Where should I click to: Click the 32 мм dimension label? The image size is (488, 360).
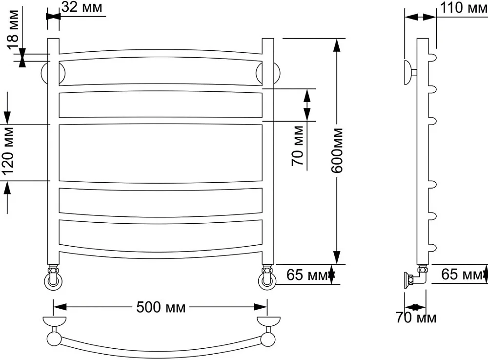click(82, 7)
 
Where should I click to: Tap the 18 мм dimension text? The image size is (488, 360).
click(13, 30)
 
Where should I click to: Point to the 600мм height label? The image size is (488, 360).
click(337, 150)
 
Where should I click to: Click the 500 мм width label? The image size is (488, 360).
click(161, 308)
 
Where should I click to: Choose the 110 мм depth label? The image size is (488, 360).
click(464, 7)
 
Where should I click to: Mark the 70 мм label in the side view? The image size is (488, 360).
click(416, 318)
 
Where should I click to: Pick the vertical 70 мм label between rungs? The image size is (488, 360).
click(298, 146)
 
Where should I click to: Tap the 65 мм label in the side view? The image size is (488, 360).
click(462, 275)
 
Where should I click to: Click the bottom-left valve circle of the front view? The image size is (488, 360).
click(53, 281)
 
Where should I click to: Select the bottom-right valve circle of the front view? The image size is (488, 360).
click(267, 281)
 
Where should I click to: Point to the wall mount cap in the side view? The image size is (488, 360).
click(407, 73)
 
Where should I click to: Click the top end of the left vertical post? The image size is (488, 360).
click(53, 39)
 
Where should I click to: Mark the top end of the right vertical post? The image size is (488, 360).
click(267, 39)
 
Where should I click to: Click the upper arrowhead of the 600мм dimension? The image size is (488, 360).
click(337, 44)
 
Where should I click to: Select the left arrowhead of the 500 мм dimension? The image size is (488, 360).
click(60, 307)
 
